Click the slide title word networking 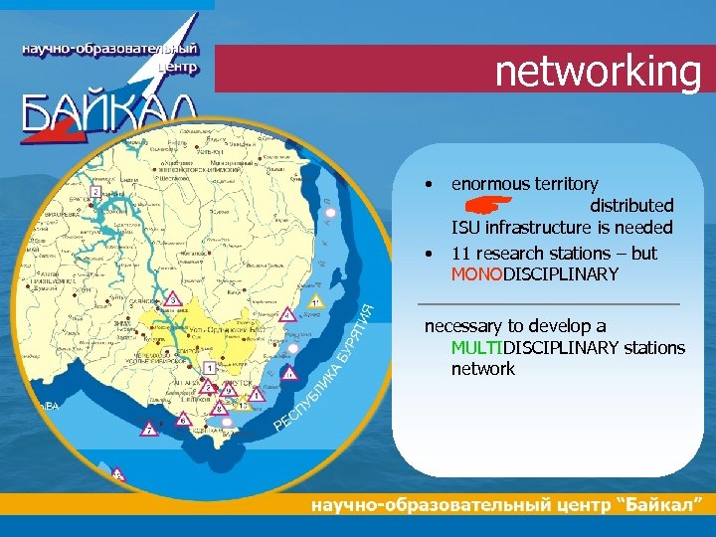598,72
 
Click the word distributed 631,206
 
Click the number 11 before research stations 460,252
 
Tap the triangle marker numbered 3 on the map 172,297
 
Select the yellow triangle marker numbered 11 315,300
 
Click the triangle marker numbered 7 148,430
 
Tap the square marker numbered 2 94,191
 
